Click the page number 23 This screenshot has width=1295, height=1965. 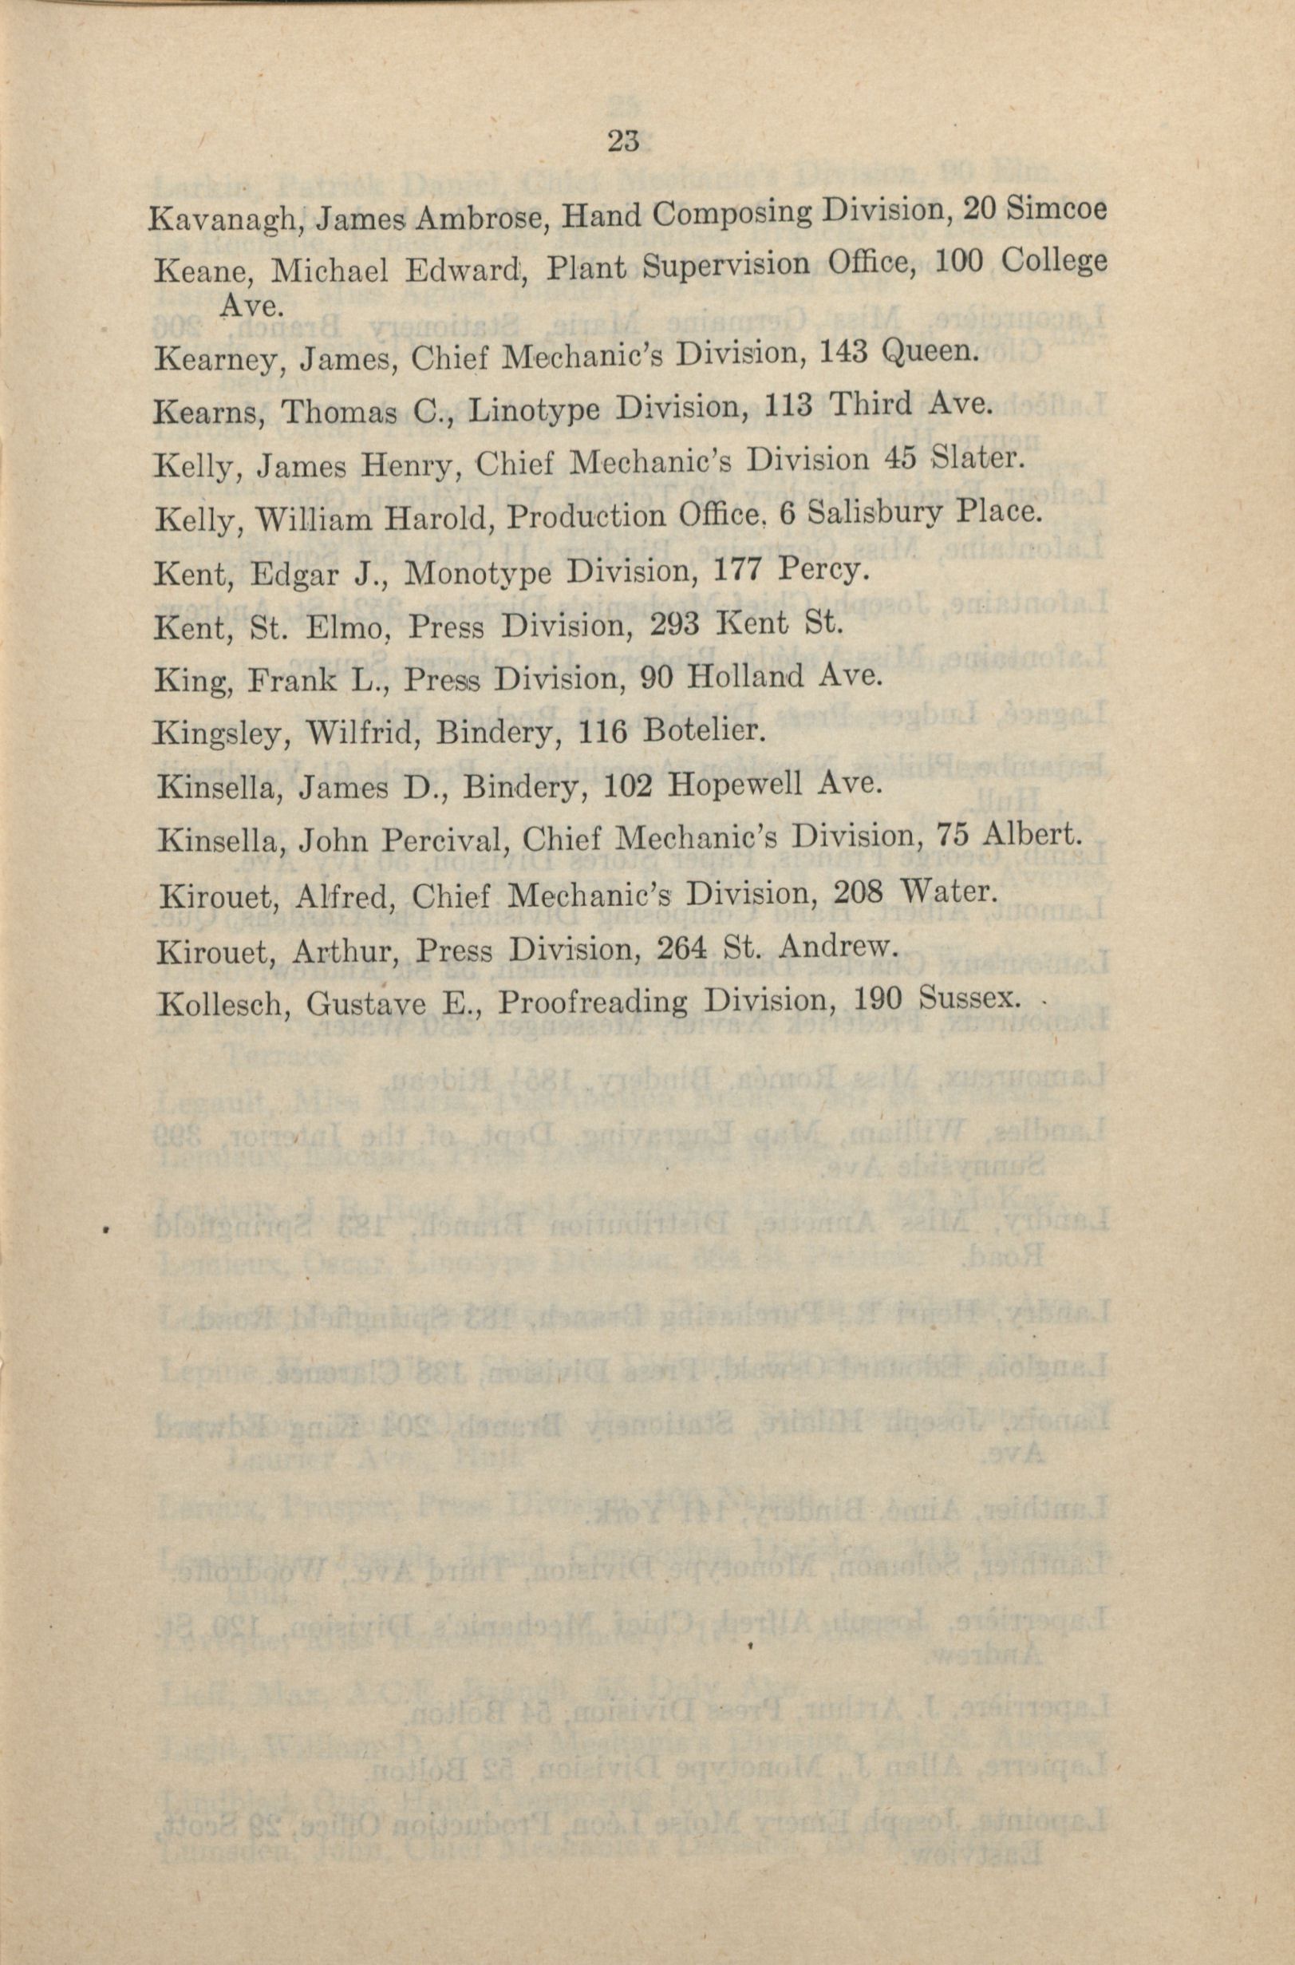(623, 141)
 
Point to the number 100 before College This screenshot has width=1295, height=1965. (960, 263)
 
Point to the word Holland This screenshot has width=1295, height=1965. (747, 678)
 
